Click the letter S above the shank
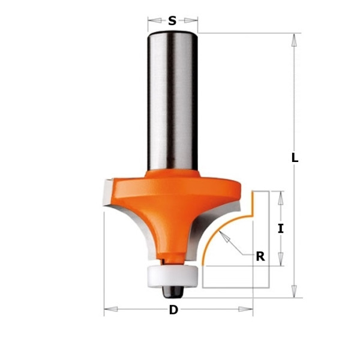click(172, 20)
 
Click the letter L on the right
click(295, 157)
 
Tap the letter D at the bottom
click(173, 310)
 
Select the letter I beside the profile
click(281, 229)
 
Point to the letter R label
click(260, 256)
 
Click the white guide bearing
click(172, 276)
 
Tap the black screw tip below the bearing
click(172, 292)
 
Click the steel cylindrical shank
click(172, 101)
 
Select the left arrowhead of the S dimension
click(155, 20)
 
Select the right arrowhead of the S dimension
click(191, 20)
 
